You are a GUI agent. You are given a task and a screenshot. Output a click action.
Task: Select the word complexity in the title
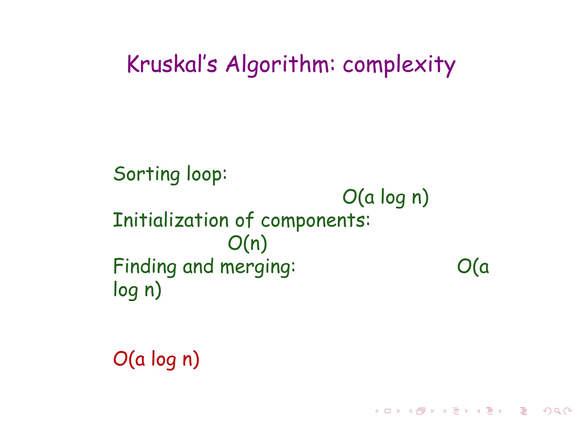click(399, 65)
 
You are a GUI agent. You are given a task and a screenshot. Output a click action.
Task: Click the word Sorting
click(146, 174)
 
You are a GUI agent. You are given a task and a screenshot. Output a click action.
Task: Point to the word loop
click(207, 175)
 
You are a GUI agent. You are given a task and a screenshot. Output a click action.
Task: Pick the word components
click(315, 221)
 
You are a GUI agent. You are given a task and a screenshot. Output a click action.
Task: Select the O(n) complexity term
click(248, 243)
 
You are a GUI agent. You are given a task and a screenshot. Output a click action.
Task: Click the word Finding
click(144, 267)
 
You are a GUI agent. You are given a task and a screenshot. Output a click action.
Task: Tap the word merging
click(257, 267)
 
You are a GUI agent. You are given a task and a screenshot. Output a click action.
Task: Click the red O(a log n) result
click(156, 359)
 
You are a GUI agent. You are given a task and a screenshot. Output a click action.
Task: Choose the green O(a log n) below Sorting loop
click(386, 197)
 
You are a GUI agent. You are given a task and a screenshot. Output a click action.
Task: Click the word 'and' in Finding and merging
click(198, 267)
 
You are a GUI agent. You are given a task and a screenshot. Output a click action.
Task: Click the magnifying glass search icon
click(557, 411)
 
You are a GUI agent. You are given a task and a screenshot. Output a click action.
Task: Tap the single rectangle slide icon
click(387, 411)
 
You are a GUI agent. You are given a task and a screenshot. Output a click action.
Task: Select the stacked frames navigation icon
click(421, 411)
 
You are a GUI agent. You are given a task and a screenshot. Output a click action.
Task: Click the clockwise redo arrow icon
click(568, 411)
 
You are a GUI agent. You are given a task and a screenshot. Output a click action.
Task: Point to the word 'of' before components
click(244, 220)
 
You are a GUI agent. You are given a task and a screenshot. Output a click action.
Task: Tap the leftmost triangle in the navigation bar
click(376, 411)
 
